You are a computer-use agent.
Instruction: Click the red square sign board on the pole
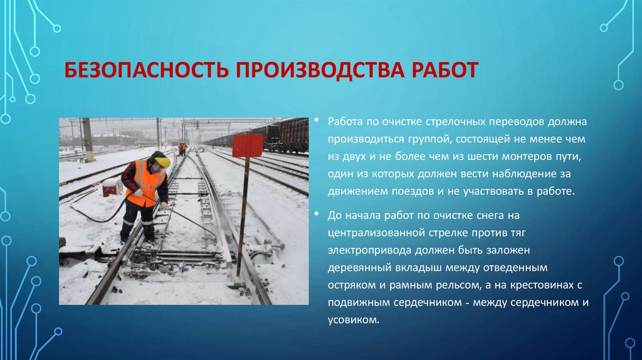[x=248, y=146]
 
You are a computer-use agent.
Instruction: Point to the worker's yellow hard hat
[x=162, y=161]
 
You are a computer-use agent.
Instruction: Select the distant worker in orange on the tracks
[x=182, y=149]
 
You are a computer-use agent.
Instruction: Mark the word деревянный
[x=359, y=268]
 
